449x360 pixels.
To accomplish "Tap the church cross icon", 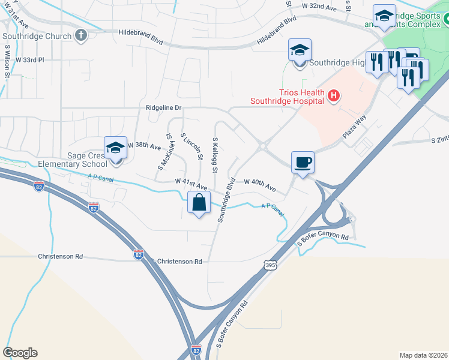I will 81,35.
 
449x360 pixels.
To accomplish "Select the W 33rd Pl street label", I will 30,60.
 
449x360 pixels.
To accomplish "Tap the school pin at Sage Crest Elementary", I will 115,149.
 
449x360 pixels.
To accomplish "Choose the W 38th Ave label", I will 144,146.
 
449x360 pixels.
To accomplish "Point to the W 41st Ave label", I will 191,181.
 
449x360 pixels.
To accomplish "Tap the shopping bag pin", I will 199,203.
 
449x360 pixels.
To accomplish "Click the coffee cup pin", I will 303,161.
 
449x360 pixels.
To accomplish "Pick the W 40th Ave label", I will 260,185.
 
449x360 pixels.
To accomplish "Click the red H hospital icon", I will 334,95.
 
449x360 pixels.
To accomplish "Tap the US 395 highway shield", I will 270,264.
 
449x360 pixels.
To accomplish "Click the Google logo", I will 20,353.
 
